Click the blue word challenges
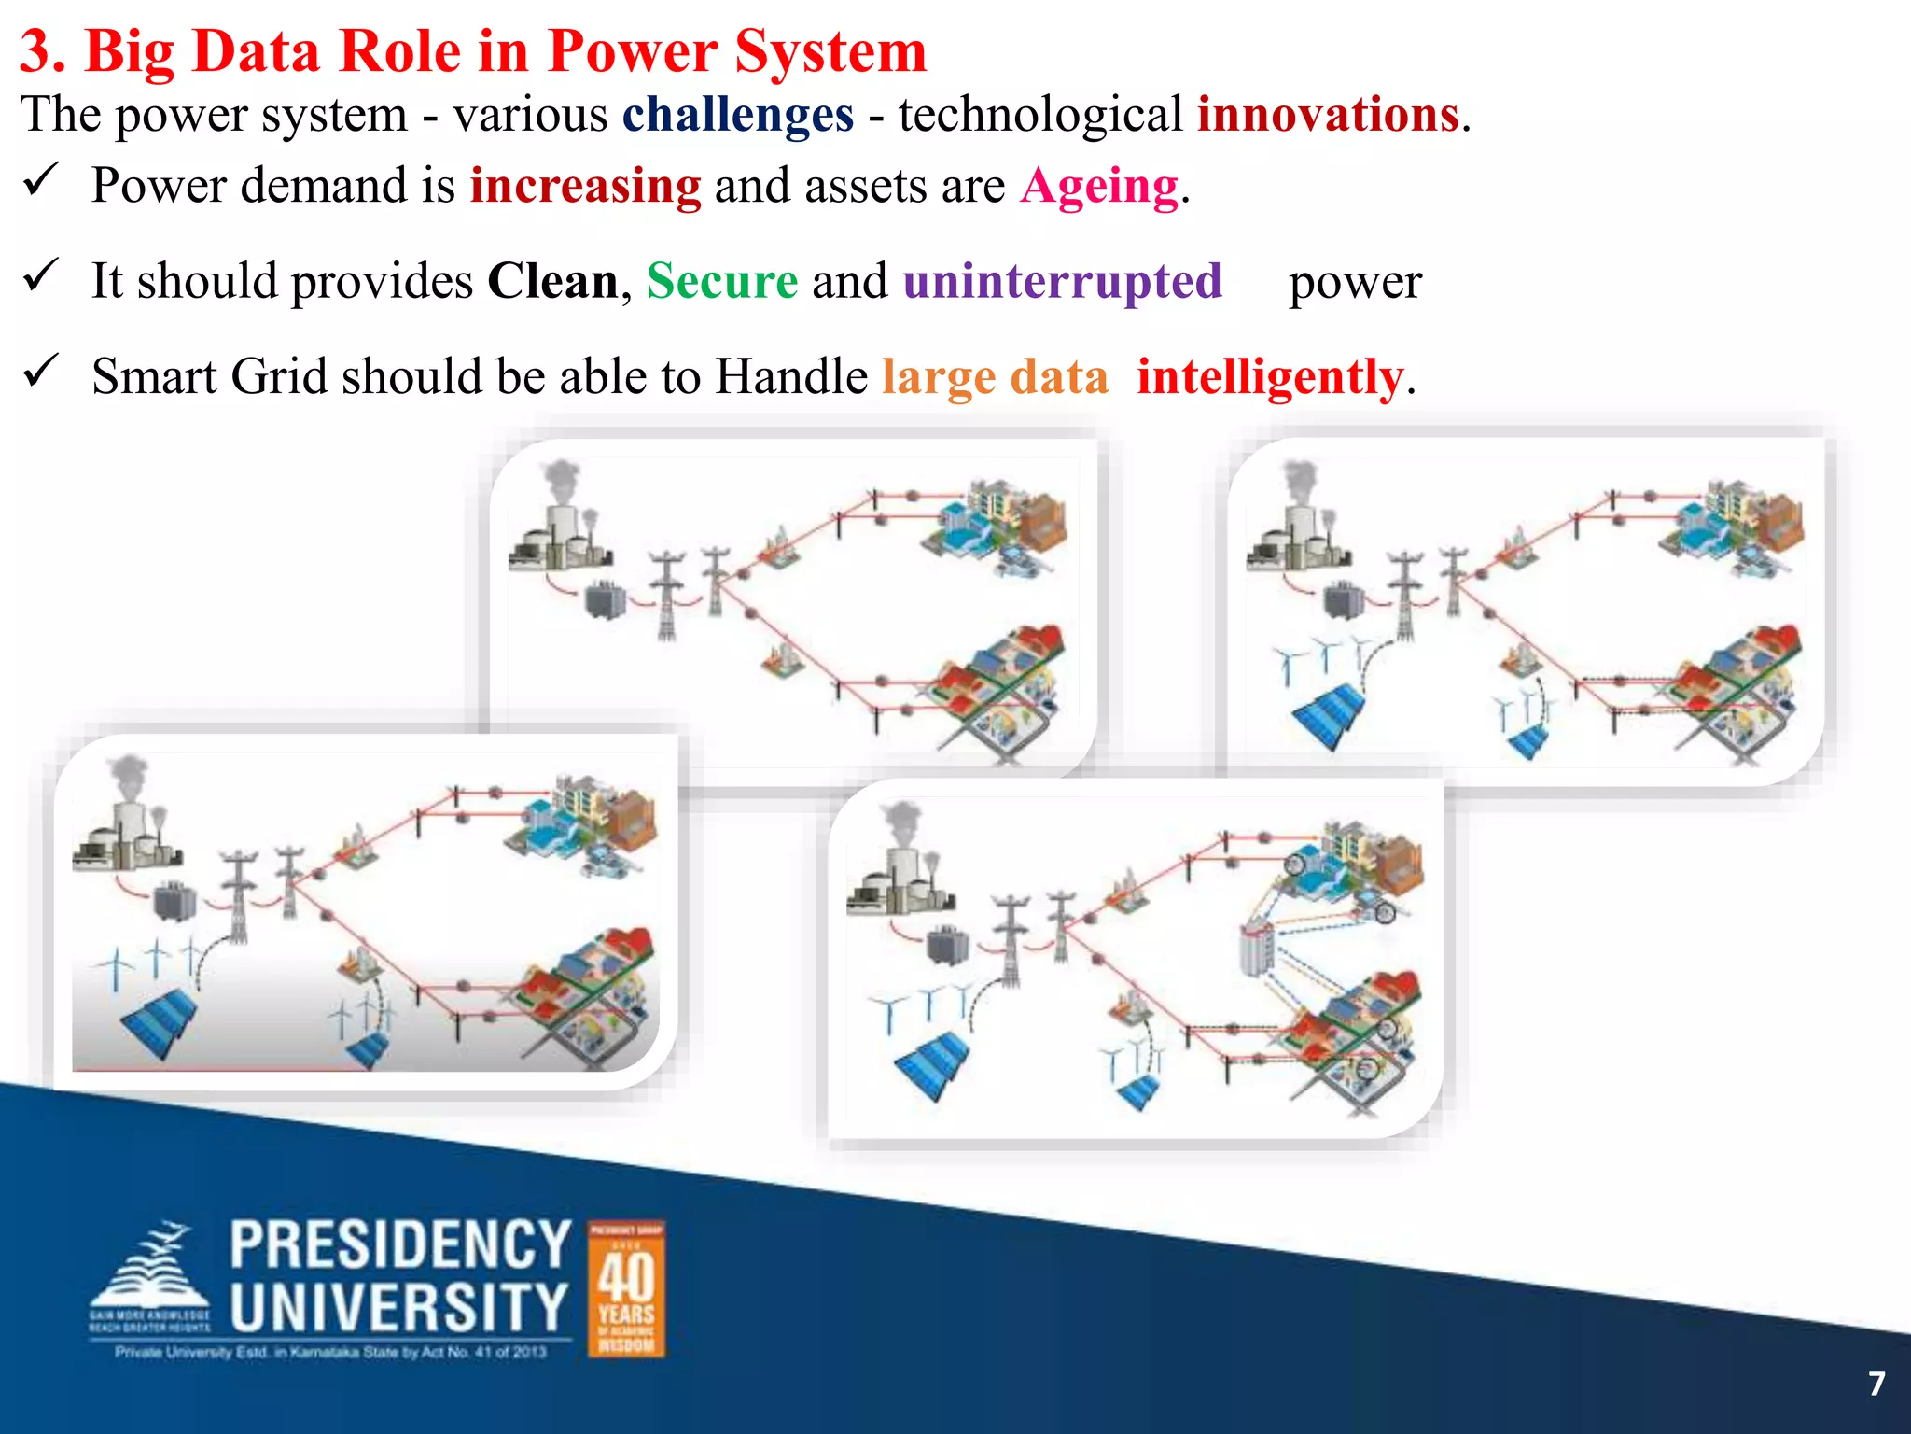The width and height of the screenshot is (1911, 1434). (737, 116)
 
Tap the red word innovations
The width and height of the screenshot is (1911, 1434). (1328, 116)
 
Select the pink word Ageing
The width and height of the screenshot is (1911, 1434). (1099, 187)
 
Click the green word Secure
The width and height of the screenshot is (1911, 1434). (722, 282)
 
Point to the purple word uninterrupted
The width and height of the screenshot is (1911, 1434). (1062, 282)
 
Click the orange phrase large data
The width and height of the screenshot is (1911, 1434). (995, 378)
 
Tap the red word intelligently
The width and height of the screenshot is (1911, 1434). (1269, 378)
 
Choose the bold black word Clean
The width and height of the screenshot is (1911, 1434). (552, 282)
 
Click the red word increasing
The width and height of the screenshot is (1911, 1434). (585, 187)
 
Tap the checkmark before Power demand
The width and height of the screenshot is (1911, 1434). (41, 179)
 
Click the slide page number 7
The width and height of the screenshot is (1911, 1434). (1876, 1384)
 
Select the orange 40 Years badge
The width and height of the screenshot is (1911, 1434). (626, 1288)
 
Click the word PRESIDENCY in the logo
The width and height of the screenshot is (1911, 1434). (400, 1244)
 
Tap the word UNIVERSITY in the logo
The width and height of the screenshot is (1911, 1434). (398, 1307)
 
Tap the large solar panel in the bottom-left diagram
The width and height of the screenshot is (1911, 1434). (159, 1022)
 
